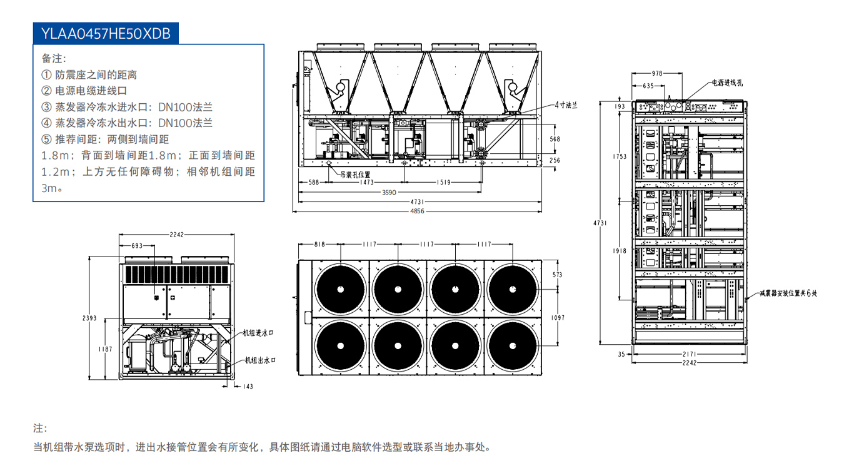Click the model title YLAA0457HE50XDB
pos(106,33)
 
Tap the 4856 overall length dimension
pos(418,211)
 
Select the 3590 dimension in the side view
pos(389,193)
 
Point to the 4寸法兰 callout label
pos(566,105)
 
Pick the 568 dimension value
pos(555,139)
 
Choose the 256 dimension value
pos(555,160)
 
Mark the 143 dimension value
pos(247,387)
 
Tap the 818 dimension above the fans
pos(319,245)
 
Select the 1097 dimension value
pos(558,318)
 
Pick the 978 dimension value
pos(656,73)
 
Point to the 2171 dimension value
pos(690,355)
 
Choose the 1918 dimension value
pos(620,251)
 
